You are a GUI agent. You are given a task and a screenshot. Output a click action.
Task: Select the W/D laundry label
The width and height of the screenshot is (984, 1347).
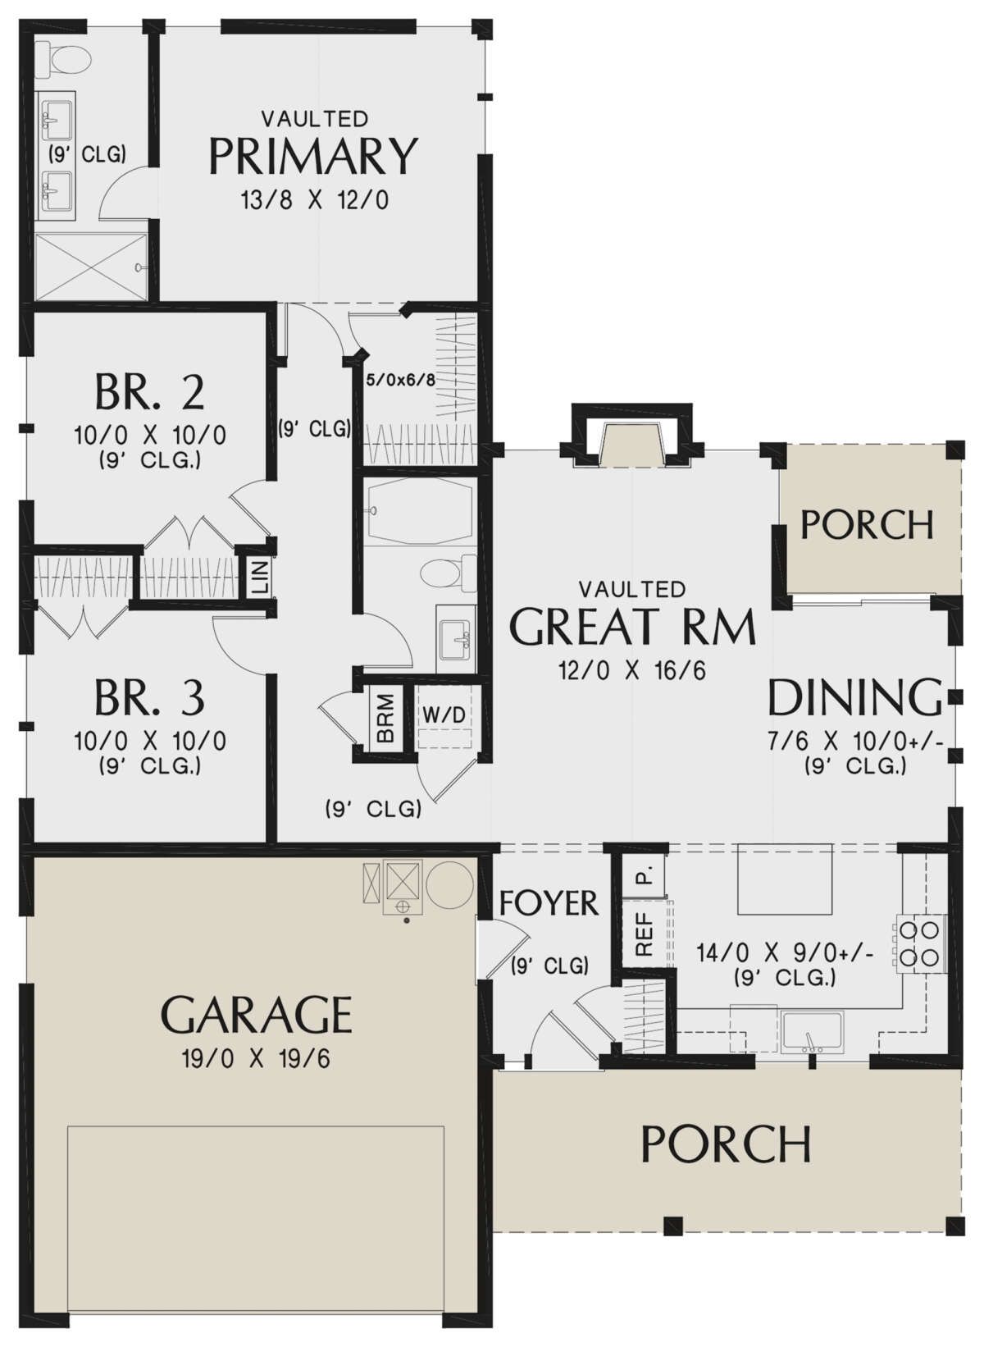(444, 715)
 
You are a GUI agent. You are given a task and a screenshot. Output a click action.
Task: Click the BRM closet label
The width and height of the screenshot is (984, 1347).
(385, 718)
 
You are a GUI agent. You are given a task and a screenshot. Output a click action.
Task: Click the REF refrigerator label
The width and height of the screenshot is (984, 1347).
(644, 934)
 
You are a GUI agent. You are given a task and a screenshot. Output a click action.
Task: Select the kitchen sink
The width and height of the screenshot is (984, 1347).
(812, 1031)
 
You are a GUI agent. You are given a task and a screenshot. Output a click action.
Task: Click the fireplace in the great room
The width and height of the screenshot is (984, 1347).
(632, 436)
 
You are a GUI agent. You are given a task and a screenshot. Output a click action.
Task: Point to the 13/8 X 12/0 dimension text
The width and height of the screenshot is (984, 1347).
(315, 200)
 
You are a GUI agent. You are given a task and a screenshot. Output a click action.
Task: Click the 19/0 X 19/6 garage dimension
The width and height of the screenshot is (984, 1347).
(256, 1059)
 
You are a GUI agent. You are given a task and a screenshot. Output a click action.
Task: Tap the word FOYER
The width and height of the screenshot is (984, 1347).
(549, 902)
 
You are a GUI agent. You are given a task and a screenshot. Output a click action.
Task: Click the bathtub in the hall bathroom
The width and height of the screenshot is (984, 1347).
(420, 512)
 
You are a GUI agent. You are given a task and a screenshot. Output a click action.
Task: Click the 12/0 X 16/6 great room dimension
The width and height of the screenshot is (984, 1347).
(631, 670)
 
